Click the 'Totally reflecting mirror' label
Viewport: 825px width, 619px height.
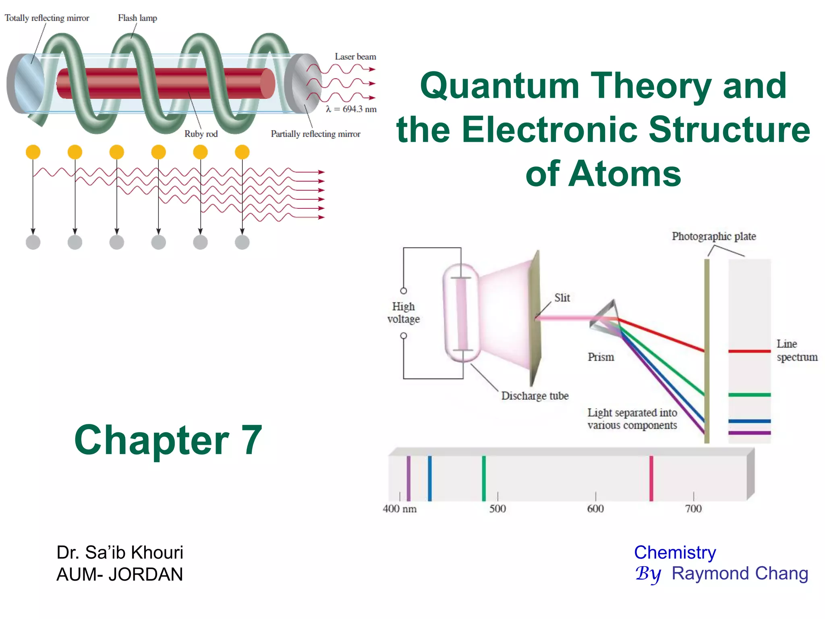click(47, 18)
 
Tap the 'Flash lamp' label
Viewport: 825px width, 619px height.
click(137, 18)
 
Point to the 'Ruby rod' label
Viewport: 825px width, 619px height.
click(201, 134)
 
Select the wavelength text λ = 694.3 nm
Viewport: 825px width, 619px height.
click(351, 109)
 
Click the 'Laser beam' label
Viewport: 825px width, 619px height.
click(355, 57)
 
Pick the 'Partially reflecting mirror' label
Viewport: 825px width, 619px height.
click(315, 134)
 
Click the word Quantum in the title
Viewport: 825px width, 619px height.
click(500, 86)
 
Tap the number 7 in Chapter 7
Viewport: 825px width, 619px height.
click(252, 440)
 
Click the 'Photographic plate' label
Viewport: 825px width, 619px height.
click(713, 236)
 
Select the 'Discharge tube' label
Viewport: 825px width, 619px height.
click(535, 396)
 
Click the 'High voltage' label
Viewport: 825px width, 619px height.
click(403, 313)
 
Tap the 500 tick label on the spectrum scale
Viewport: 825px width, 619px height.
click(497, 509)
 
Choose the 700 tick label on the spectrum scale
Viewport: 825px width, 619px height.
click(693, 509)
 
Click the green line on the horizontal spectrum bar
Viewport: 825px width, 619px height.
click(484, 478)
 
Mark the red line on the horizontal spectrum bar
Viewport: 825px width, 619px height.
click(651, 478)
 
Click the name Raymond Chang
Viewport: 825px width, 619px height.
click(740, 573)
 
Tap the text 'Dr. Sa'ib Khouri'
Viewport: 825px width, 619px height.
click(120, 553)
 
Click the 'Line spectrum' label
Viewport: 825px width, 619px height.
click(796, 351)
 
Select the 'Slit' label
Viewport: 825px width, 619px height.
click(562, 298)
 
